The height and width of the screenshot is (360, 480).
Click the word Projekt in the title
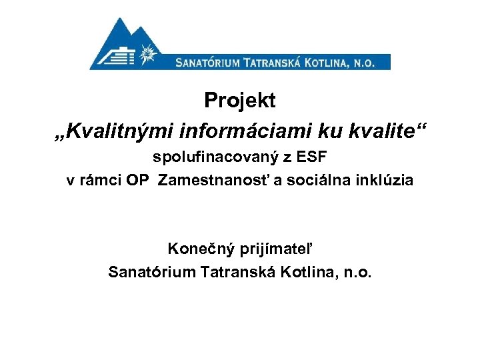[x=239, y=101]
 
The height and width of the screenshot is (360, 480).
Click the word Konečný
[x=195, y=249]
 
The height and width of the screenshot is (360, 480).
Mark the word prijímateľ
[x=273, y=249]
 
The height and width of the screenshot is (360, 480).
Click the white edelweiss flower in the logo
[x=149, y=53]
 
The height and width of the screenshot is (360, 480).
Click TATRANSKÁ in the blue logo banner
[x=275, y=63]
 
